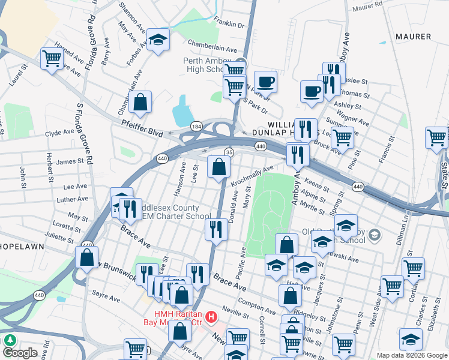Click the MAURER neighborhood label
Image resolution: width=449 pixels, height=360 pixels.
(x=413, y=37)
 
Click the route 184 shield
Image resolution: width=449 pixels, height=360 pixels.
(x=196, y=127)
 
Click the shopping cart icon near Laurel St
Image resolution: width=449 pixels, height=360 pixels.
(x=52, y=58)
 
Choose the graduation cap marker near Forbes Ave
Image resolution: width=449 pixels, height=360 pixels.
(x=158, y=40)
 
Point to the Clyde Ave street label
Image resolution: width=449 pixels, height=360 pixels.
(x=59, y=133)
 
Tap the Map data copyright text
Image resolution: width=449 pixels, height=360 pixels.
(x=411, y=355)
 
